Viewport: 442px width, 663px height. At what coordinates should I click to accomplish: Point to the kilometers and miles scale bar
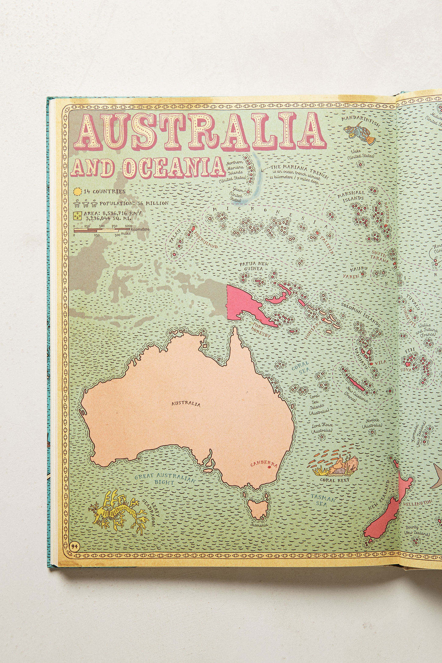click(x=102, y=230)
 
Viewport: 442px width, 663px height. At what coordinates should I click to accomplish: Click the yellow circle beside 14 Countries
click(x=77, y=191)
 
